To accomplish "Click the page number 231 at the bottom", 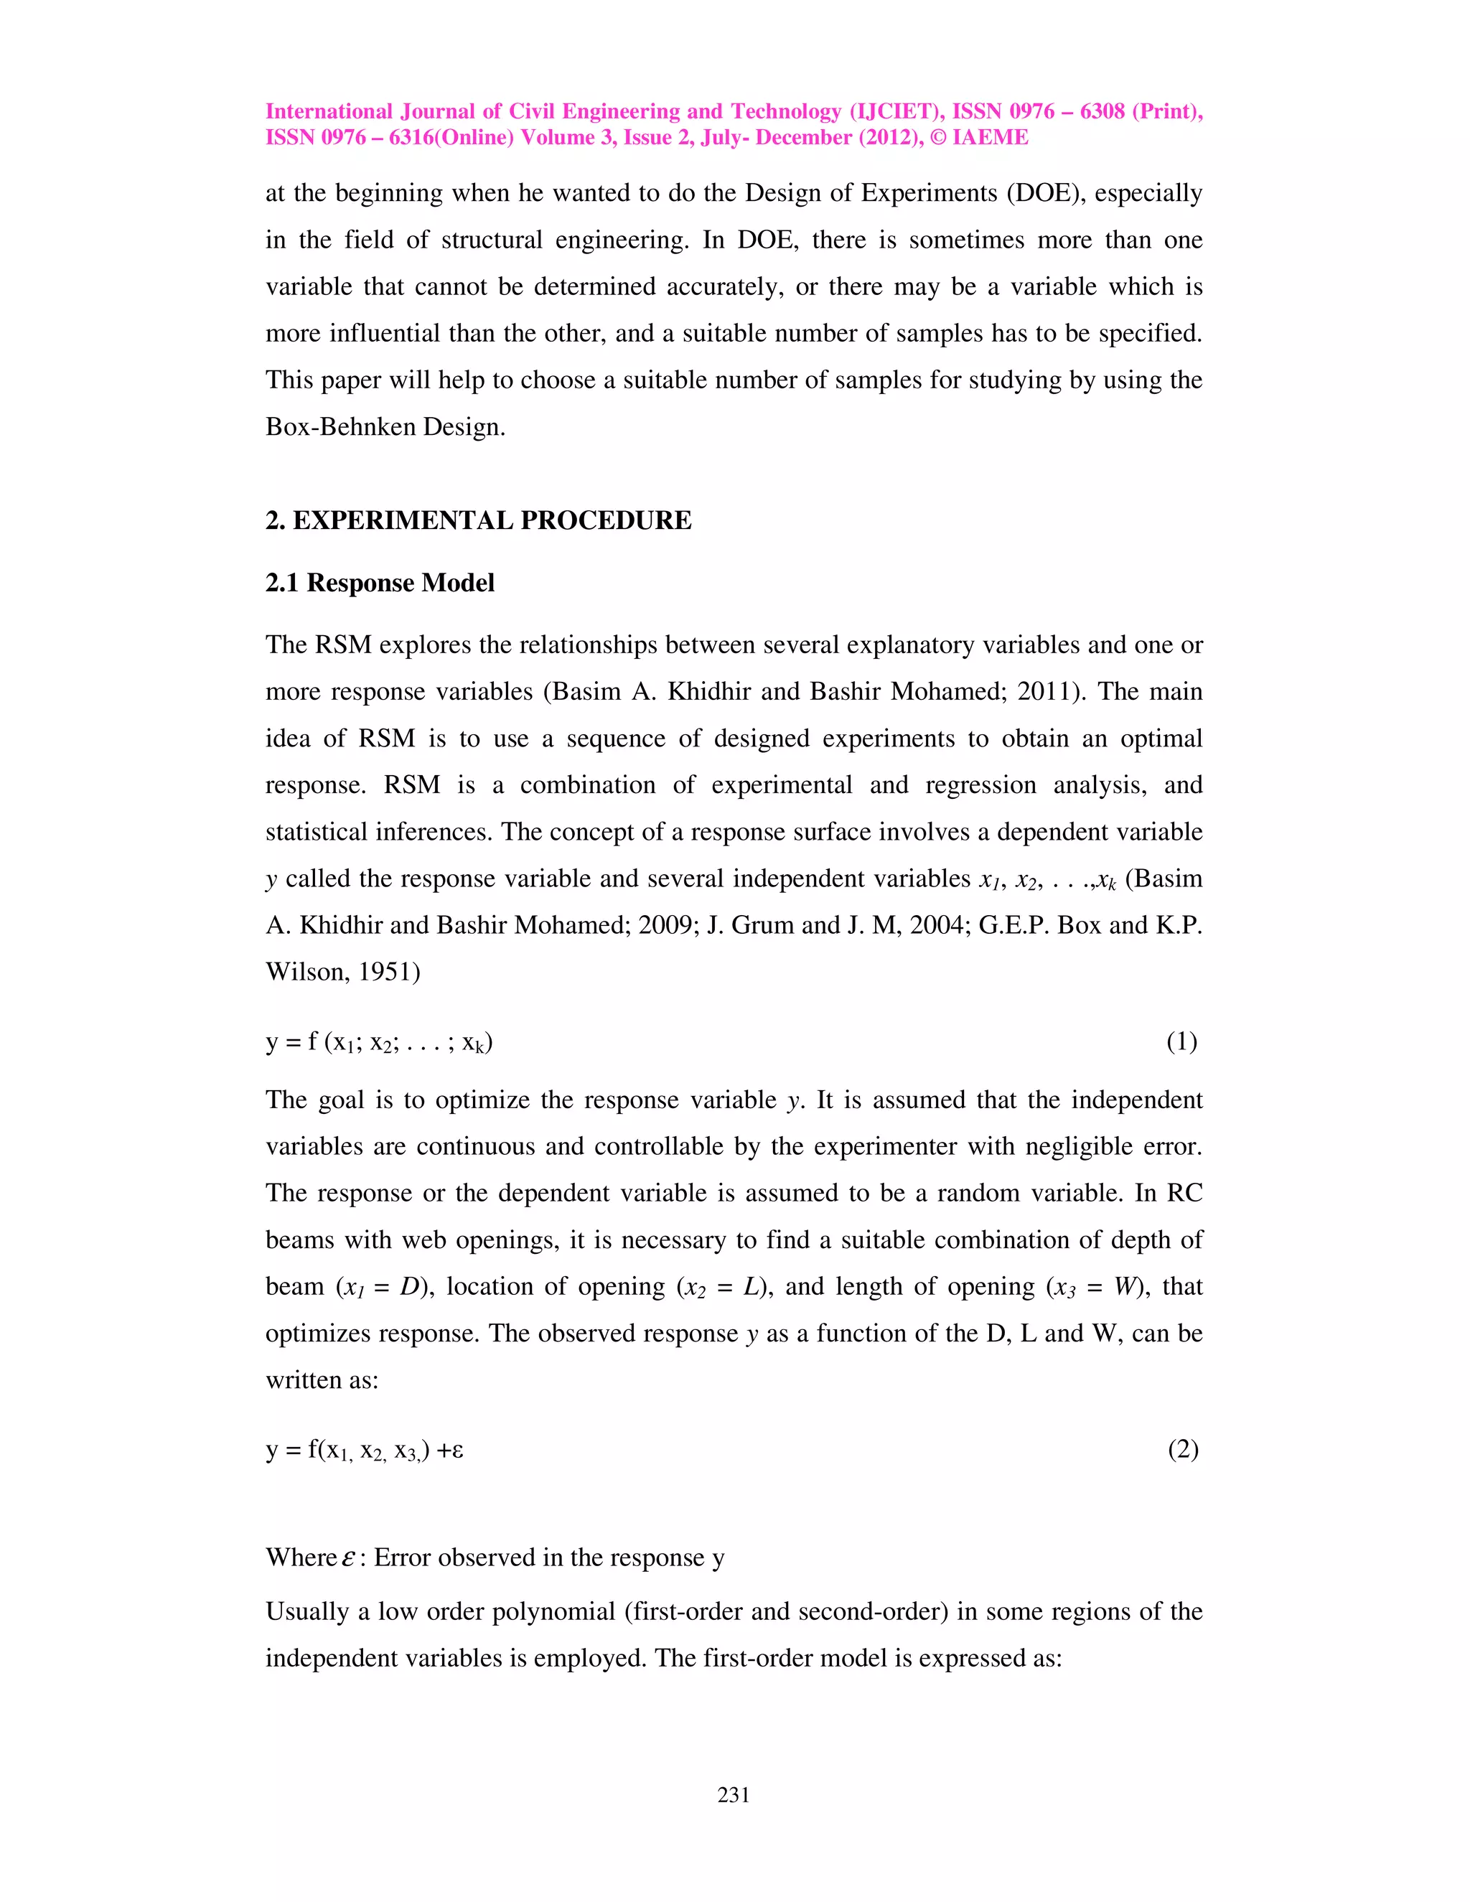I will (x=734, y=1795).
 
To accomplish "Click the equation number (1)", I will (x=1181, y=1041).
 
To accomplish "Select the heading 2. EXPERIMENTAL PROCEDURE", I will (x=478, y=521).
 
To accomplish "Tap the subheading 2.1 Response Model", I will (x=380, y=583).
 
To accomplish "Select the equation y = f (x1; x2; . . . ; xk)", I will (x=379, y=1042).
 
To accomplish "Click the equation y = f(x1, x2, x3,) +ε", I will (x=364, y=1450).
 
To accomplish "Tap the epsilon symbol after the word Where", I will (x=348, y=1558).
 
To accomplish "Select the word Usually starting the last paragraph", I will (x=306, y=1612).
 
